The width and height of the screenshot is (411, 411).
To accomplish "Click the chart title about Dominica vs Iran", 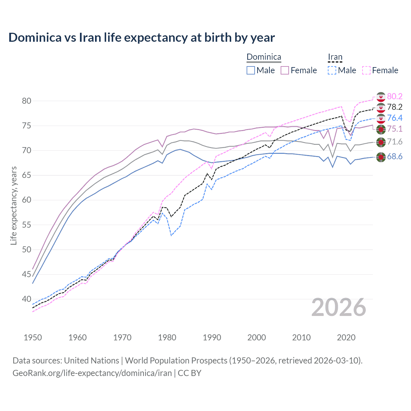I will [142, 37].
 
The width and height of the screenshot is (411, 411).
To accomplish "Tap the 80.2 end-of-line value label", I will [395, 96].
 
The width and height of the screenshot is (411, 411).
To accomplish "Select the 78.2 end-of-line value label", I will [395, 107].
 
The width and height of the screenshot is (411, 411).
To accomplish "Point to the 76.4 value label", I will [395, 118].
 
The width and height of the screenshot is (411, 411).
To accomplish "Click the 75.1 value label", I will [395, 129].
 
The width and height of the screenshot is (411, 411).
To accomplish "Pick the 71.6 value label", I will [395, 142].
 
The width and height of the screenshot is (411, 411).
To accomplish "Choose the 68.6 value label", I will [395, 156].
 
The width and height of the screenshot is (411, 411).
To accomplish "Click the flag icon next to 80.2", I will [381, 97].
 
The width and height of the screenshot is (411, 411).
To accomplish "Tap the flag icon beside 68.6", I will [381, 157].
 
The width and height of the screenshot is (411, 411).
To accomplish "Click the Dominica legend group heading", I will [264, 57].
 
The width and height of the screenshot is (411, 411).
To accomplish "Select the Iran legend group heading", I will [335, 57].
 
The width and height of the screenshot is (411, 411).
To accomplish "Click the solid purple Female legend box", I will [285, 70].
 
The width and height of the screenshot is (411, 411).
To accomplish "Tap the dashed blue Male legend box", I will [332, 70].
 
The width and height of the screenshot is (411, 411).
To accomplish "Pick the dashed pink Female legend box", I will [366, 70].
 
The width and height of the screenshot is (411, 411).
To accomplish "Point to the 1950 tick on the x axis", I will [33, 337].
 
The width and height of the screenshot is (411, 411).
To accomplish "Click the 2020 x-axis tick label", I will [346, 337].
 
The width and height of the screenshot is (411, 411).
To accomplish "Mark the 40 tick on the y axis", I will [27, 299].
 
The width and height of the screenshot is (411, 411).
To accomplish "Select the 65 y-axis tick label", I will [27, 175].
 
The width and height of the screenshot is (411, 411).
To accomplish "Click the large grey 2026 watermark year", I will [339, 307].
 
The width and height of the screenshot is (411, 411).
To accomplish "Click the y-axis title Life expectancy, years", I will [13, 205].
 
